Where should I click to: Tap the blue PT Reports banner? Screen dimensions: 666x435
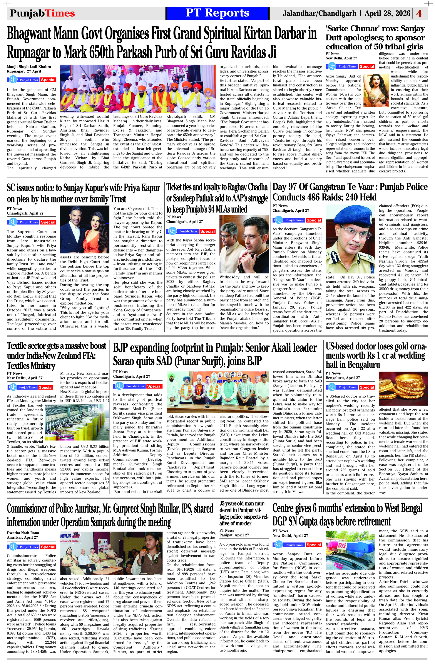pos(217,13)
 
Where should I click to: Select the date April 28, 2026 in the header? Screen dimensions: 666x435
pos(387,13)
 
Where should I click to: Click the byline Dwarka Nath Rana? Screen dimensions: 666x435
pos(23,533)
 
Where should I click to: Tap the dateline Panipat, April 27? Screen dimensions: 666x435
pos(234,535)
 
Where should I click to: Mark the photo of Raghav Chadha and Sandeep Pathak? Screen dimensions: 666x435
pos(244,241)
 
